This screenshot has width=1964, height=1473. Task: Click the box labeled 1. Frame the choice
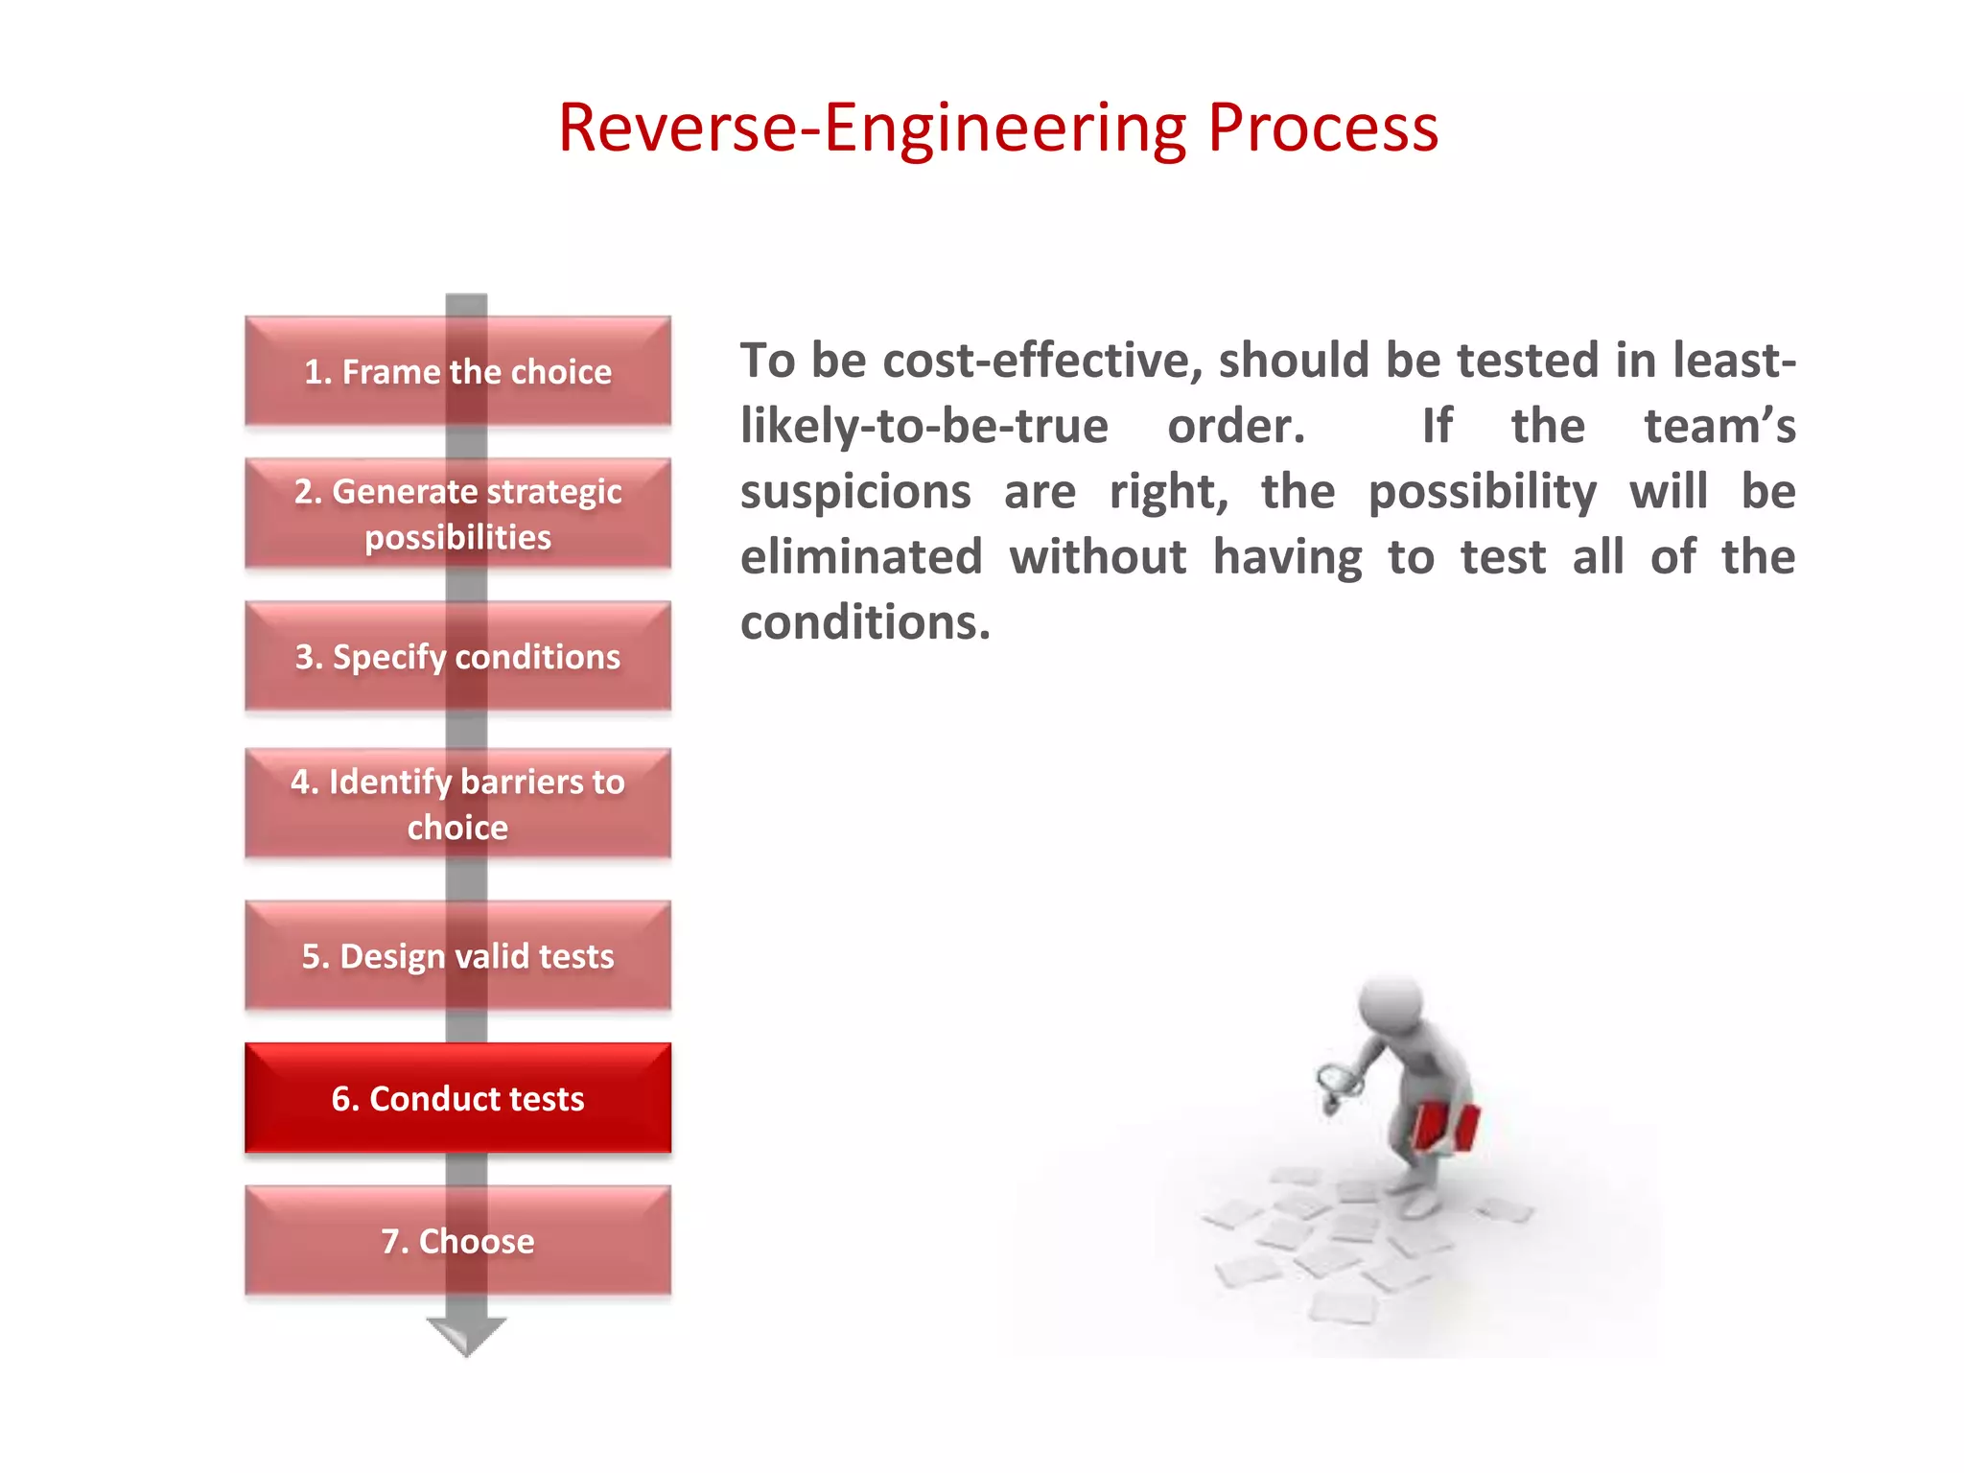(x=457, y=371)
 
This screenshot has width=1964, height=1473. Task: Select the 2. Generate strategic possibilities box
(x=457, y=514)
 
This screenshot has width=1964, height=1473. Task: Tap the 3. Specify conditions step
(x=457, y=657)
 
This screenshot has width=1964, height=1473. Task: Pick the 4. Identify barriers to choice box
(x=457, y=804)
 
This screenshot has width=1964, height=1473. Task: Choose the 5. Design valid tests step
(x=457, y=956)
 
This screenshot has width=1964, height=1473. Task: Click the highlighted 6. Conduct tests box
(x=457, y=1098)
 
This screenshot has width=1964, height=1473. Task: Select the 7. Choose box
(x=457, y=1241)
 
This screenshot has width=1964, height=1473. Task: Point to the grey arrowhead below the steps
(x=466, y=1335)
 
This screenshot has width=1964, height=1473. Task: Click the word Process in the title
(x=1322, y=129)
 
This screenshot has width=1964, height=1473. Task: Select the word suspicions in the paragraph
(x=855, y=492)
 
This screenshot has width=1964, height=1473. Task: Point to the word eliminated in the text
(x=861, y=557)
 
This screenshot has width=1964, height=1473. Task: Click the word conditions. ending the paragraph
(x=865, y=623)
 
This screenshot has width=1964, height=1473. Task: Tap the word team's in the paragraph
(x=1719, y=426)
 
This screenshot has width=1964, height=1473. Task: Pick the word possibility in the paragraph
(x=1482, y=492)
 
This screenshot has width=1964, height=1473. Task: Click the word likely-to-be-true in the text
(x=924, y=426)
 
